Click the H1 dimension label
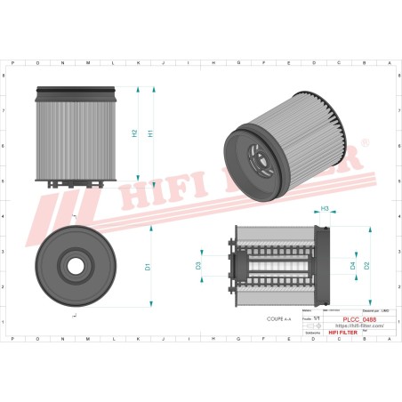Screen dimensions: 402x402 pos(150,133)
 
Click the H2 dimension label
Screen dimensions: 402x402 pos(134,133)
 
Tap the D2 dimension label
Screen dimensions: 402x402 pos(366,265)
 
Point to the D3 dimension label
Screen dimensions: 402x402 pos(198,265)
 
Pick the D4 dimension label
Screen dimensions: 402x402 pos(352,265)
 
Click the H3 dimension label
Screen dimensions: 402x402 pos(325,209)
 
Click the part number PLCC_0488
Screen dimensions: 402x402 pos(359,318)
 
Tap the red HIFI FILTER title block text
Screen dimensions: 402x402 pos(358,333)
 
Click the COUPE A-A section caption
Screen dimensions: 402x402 pos(278,318)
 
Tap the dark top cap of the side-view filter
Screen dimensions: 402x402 pos(76,92)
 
